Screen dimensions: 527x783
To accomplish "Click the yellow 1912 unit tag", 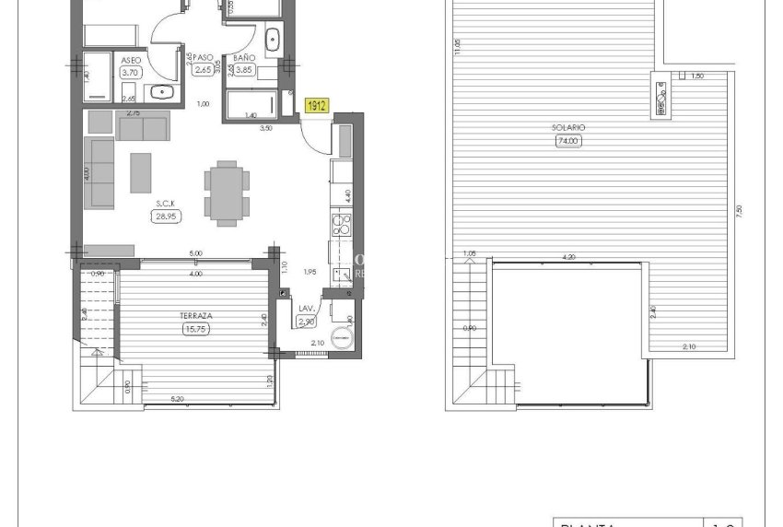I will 314,106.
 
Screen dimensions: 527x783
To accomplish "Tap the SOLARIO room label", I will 571,128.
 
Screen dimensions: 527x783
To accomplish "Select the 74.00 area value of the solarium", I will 571,141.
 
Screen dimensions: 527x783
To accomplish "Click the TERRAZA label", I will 193,315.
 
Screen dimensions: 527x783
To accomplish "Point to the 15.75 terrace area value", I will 193,328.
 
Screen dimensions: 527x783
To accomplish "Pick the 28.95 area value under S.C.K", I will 166,217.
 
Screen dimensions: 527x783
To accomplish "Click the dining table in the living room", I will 226,193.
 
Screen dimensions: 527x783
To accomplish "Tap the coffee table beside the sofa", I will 141,172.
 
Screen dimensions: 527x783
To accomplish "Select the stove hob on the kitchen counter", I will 341,226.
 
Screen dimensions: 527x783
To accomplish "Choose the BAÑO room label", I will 244,57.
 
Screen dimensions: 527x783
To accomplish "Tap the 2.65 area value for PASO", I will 204,69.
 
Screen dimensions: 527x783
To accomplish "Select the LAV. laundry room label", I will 308,310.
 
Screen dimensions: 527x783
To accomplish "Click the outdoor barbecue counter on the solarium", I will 661,96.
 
